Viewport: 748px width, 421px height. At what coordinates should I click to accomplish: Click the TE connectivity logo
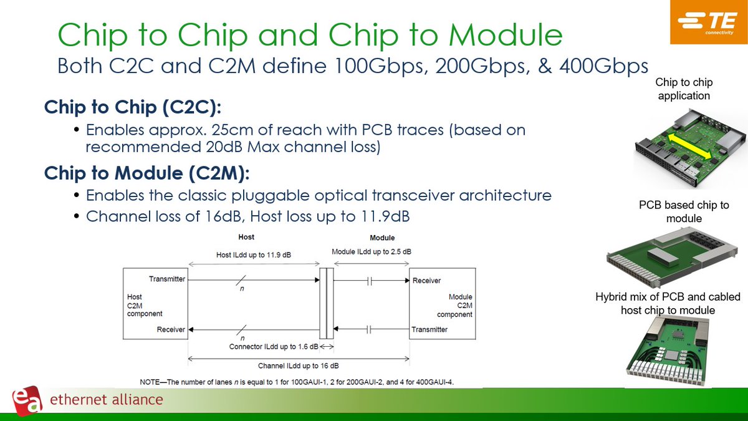(x=709, y=22)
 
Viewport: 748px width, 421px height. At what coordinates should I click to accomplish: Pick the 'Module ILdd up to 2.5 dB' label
(x=371, y=252)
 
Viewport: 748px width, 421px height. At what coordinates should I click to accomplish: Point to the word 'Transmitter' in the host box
(x=167, y=279)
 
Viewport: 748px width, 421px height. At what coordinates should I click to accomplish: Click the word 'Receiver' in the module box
(x=426, y=281)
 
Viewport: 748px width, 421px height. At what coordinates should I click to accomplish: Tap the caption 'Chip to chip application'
(x=684, y=89)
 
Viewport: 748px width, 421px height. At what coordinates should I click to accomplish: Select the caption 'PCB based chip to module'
(x=684, y=212)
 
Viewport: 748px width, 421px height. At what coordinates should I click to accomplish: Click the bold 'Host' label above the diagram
(x=246, y=238)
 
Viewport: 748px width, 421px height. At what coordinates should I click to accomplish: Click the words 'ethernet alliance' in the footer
(x=106, y=400)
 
